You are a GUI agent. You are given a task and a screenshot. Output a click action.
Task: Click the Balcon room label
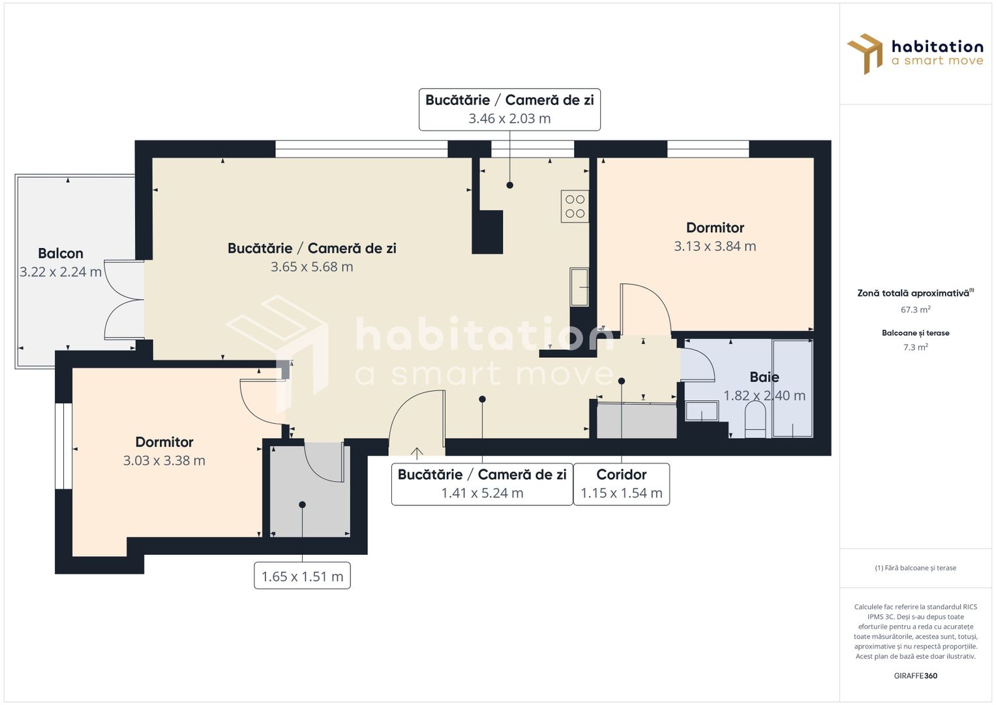61,253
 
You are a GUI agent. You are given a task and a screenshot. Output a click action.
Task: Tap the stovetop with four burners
575,206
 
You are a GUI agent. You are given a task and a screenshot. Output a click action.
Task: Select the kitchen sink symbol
579,287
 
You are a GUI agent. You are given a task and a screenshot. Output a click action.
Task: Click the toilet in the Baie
755,420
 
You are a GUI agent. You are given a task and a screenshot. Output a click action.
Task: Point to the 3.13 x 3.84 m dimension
715,246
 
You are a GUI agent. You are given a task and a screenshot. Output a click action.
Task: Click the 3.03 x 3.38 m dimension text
164,461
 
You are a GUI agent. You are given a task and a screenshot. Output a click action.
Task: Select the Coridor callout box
621,484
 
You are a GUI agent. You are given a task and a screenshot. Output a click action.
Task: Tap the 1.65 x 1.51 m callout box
302,576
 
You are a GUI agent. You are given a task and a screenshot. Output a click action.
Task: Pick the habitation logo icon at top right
865,54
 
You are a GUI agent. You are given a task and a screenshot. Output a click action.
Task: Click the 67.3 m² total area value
915,310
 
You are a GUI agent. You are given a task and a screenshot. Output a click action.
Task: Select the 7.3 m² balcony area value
915,347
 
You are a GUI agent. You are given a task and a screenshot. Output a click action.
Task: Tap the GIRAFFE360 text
915,676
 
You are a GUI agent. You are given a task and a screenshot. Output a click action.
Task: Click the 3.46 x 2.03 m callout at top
509,110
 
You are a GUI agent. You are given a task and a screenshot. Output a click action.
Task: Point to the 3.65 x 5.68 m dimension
312,267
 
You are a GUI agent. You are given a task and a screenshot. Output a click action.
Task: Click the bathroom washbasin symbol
701,411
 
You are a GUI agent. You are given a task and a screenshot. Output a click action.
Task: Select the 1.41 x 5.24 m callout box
482,484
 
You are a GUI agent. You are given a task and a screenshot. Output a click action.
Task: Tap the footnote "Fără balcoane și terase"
915,568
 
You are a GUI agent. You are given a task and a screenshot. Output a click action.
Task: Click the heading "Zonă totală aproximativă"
913,293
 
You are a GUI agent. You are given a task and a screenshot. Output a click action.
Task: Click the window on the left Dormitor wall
63,446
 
